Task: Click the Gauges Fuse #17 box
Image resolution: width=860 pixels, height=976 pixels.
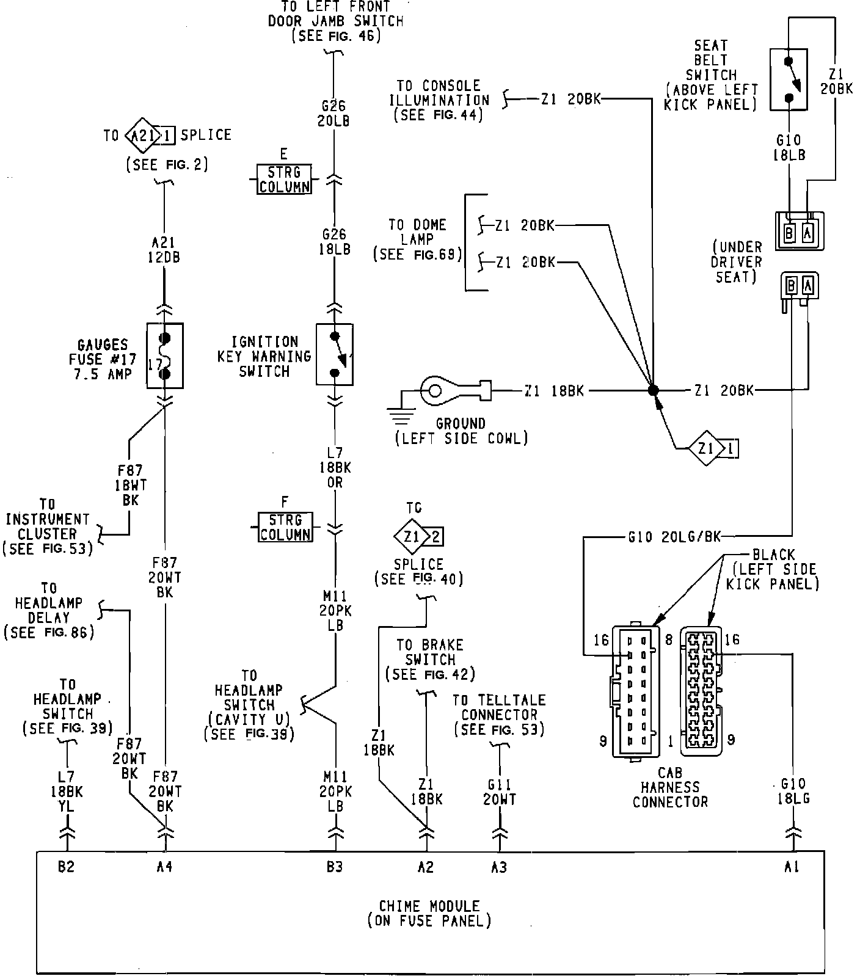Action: [x=165, y=355]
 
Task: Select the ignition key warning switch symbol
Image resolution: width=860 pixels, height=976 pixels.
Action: [x=335, y=354]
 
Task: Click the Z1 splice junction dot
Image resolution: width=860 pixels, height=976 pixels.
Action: [x=653, y=390]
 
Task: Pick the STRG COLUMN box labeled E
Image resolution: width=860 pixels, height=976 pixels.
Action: [x=283, y=178]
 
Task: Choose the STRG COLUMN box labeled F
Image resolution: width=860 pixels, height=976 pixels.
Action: [x=285, y=527]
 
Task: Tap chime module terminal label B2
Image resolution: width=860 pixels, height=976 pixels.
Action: [x=66, y=866]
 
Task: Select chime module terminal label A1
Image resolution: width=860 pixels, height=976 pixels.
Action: [x=792, y=866]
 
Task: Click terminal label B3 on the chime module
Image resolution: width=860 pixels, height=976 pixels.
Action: [x=335, y=866]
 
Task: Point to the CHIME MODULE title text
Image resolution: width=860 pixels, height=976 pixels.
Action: [x=429, y=906]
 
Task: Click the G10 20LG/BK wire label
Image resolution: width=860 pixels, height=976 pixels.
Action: [x=674, y=537]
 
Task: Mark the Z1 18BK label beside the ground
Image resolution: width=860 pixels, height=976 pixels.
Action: [x=553, y=390]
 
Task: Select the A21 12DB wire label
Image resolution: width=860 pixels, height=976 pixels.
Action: [x=165, y=249]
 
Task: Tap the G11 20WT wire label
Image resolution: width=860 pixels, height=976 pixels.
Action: [x=500, y=792]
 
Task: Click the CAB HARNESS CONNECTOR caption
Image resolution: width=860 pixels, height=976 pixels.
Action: [x=670, y=787]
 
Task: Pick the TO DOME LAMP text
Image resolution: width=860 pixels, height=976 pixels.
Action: [x=418, y=232]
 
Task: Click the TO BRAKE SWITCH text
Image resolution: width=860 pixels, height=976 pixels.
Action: [x=430, y=652]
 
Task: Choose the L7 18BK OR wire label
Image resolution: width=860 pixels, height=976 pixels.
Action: [x=335, y=467]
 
